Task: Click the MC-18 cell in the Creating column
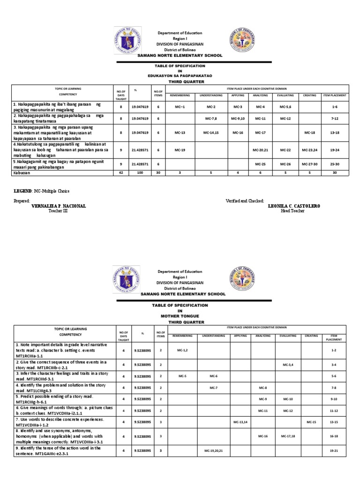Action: click(x=309, y=133)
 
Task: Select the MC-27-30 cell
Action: click(x=309, y=165)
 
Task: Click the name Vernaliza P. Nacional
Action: click(x=59, y=206)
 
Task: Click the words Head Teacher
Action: click(x=292, y=211)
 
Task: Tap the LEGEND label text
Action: click(x=22, y=191)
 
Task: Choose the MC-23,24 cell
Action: click(x=309, y=150)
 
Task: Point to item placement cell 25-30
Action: click(x=335, y=165)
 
